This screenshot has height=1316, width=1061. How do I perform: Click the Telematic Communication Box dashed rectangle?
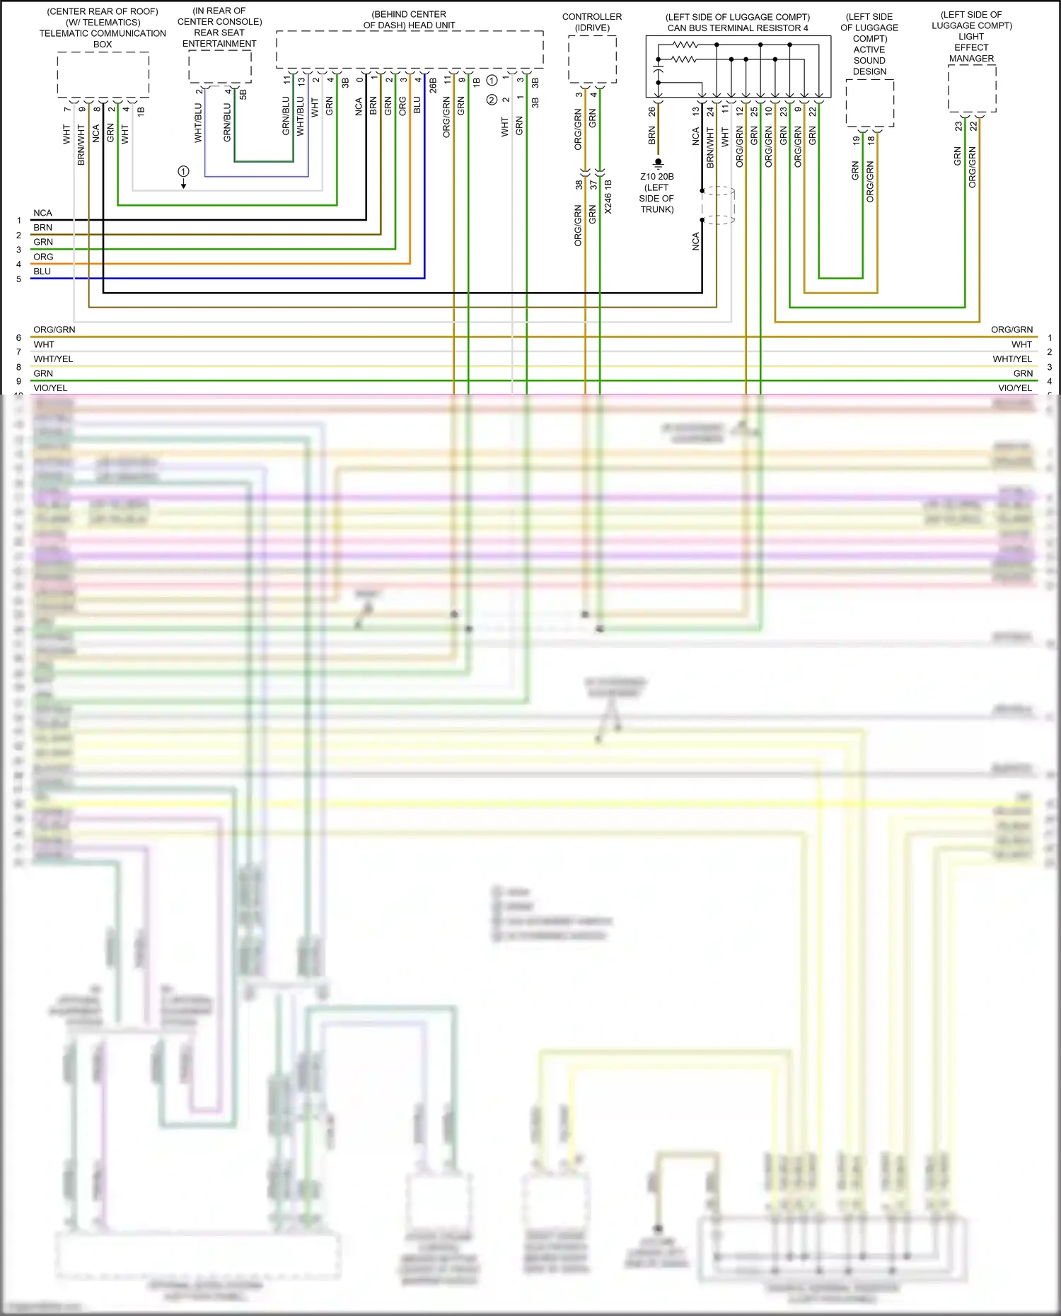pos(103,74)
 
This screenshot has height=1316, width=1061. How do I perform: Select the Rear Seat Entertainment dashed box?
pos(220,66)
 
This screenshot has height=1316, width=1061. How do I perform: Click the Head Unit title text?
pos(409,20)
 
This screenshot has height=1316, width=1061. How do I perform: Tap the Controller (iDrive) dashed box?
pos(592,59)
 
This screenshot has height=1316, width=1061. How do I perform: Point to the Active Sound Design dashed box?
pos(869,103)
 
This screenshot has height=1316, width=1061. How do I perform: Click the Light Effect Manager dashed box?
pos(972,88)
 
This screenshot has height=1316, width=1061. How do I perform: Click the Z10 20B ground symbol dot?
pos(658,162)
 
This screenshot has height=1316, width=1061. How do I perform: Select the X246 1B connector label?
pos(608,197)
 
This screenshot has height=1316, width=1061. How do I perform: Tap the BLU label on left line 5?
pos(42,272)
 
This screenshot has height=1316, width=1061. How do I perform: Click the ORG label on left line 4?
pos(43,257)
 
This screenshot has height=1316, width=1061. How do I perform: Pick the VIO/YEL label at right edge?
pos(1014,388)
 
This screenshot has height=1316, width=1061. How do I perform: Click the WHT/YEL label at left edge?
pos(53,359)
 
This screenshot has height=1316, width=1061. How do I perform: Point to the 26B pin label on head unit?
pos(432,86)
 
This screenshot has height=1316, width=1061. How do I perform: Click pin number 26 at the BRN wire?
pos(651,111)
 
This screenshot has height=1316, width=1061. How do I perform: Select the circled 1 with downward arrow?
pos(183,172)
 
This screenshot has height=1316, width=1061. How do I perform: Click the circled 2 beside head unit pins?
pos(492,100)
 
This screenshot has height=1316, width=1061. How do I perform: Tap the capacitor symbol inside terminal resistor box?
pos(658,71)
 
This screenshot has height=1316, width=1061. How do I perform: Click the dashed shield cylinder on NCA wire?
pos(719,205)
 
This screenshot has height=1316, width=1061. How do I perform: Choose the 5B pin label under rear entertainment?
pos(243,93)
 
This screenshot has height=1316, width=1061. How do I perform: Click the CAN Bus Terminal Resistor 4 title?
pos(737,28)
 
